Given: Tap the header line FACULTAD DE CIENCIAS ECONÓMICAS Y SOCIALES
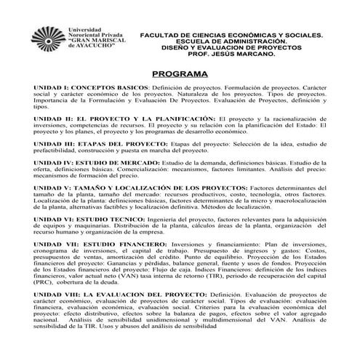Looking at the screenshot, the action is [x=231, y=33].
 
